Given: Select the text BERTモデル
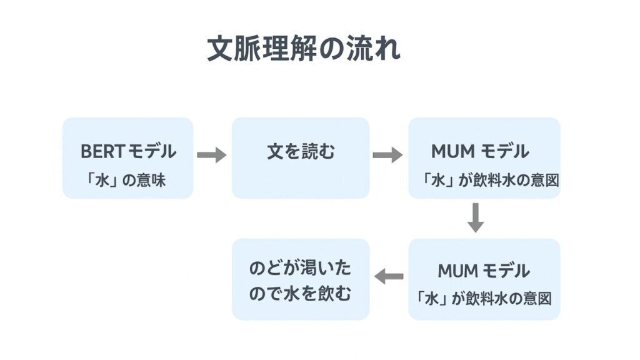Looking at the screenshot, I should pos(128,151).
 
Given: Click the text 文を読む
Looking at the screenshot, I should pos(301,151).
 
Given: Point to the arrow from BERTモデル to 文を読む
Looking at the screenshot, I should pos(211,154).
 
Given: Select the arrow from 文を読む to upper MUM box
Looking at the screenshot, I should pos(387,154).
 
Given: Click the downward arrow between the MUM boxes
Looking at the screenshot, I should pos(476,217).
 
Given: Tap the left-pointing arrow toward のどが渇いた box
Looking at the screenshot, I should pos(389,276).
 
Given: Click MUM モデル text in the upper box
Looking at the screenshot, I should pos(480,151).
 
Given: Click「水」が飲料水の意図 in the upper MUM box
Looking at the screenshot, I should pos(489,180).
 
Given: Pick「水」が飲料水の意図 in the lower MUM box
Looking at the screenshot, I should pos(484,298).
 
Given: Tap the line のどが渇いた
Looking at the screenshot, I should pos(300,269).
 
